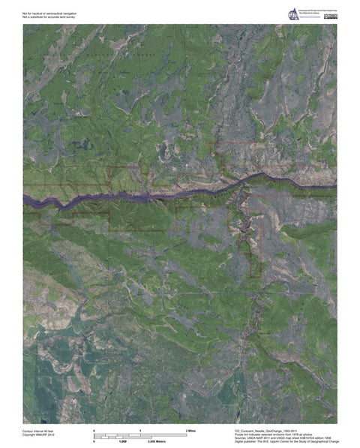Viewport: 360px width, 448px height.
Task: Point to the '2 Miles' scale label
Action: pos(191,429)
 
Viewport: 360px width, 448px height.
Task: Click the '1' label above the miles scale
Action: pos(141,429)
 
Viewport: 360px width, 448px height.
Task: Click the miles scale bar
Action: pos(140,434)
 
